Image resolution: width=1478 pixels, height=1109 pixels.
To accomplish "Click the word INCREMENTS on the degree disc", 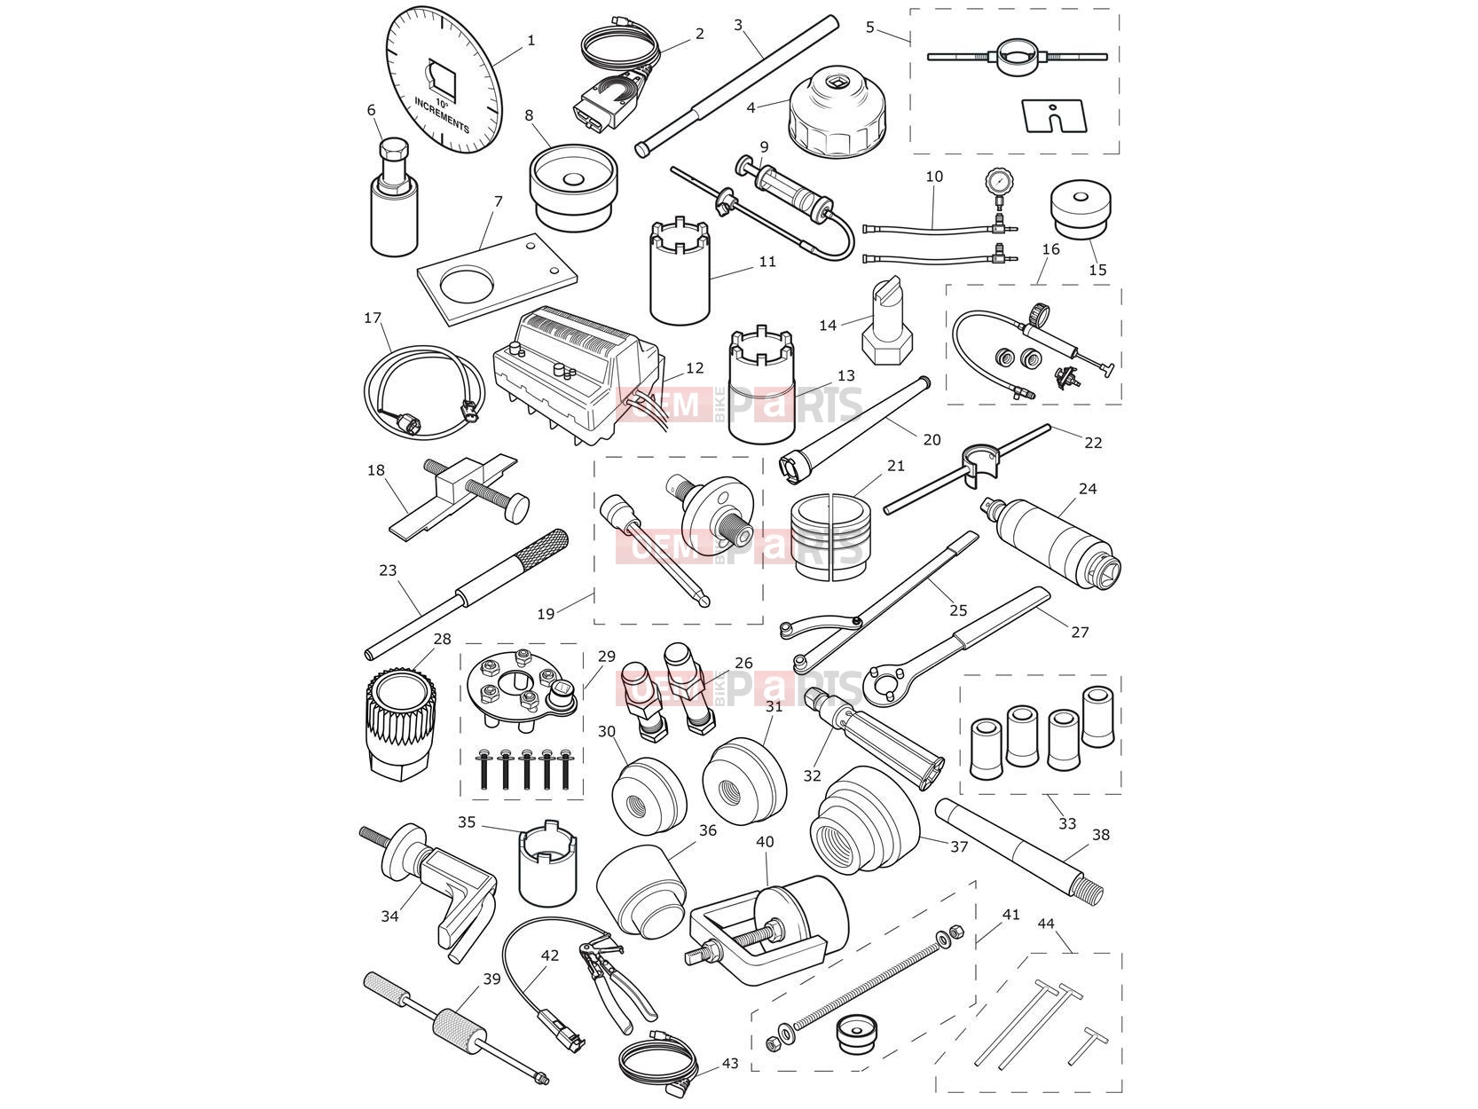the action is coord(441,115).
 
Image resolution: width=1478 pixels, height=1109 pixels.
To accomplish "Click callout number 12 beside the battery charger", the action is coord(695,367).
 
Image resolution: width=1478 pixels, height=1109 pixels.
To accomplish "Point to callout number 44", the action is coord(1046,924).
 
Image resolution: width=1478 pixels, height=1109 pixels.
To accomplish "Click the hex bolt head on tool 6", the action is coord(393,149).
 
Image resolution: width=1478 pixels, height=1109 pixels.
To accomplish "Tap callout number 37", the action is coord(959,846).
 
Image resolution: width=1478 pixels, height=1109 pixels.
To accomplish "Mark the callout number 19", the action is coord(546,613).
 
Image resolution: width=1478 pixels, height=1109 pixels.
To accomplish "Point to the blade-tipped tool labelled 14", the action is coord(888,322).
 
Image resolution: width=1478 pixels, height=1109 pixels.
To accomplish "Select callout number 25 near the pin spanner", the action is coord(957,610).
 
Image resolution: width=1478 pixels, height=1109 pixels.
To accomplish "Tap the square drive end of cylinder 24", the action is coord(992,505).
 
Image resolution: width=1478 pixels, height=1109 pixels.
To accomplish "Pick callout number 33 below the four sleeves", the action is coord(1067,822).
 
